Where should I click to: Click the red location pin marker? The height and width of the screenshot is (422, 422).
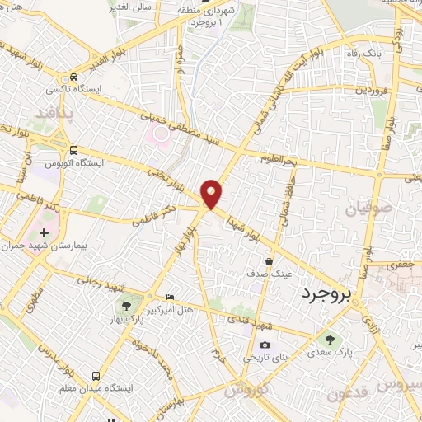212,194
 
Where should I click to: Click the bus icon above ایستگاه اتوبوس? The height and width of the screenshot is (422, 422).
74,151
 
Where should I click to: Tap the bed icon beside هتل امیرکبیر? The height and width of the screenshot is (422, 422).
171,297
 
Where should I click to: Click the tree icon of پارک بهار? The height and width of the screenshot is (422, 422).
126,307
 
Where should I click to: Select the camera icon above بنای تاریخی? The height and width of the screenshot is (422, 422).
265,345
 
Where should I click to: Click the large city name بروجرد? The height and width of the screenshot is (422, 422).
326,293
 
